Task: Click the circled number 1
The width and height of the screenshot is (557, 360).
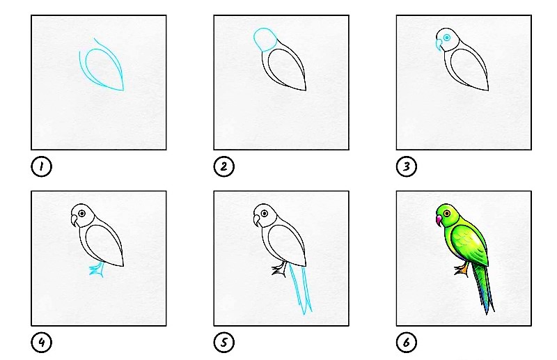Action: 41,166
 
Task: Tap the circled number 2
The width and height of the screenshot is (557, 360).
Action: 223,166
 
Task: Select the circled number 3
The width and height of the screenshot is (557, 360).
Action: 407,166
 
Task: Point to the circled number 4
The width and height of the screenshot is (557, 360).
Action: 41,342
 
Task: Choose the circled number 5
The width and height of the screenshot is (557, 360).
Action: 223,342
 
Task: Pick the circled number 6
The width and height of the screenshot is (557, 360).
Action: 407,342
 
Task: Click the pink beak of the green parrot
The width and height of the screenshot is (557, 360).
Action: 439,220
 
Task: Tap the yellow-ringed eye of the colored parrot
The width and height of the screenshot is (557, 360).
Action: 446,213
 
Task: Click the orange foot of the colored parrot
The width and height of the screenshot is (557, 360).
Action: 462,270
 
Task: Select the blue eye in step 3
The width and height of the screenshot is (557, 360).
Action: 447,38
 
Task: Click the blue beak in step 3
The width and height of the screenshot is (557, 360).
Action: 439,45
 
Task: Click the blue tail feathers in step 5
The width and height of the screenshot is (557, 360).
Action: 301,290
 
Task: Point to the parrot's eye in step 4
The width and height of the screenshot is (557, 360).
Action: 82,213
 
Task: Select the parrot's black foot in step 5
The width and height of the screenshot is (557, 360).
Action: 279,269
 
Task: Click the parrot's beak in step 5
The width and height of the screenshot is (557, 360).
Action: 256,221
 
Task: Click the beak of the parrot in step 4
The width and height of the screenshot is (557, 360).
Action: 74,221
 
